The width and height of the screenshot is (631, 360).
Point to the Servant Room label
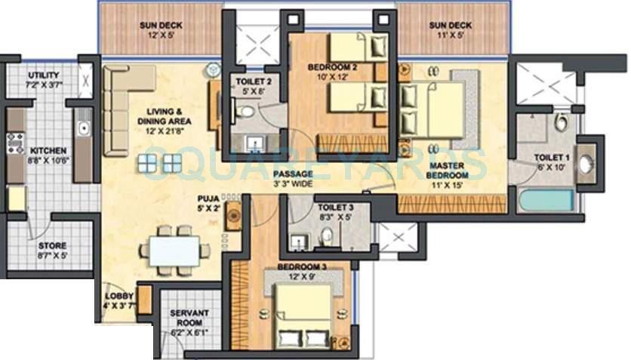click(184, 318)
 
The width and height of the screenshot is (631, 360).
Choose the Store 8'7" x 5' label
click(52, 251)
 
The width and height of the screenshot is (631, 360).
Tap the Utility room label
click(43, 80)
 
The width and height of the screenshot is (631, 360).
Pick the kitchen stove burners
click(15, 143)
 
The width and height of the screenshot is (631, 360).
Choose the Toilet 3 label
click(333, 212)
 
